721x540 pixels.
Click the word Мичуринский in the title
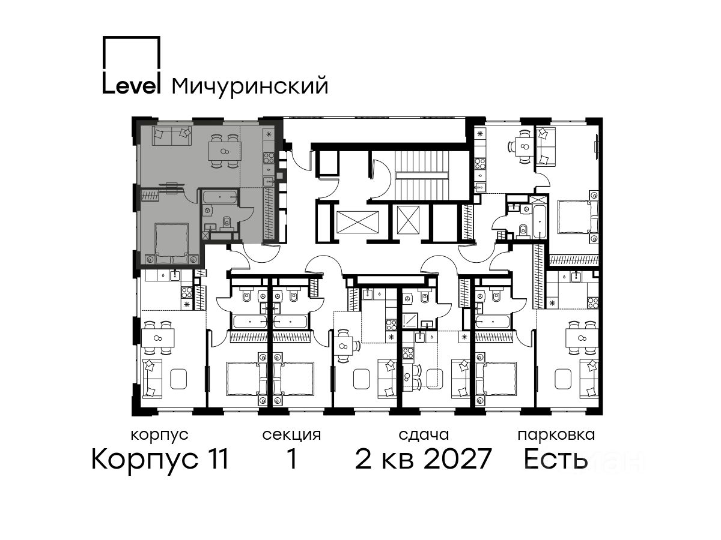click(x=250, y=86)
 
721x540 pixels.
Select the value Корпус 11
click(x=160, y=460)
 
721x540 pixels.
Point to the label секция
click(x=291, y=435)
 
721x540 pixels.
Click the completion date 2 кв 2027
click(x=423, y=459)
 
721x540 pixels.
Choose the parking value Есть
click(x=555, y=459)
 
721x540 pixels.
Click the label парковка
click(x=556, y=435)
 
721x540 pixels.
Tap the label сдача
click(x=424, y=435)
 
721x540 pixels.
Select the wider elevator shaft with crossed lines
click(x=357, y=222)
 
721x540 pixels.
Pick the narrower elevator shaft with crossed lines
click(x=409, y=220)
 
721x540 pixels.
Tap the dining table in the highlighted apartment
click(x=225, y=151)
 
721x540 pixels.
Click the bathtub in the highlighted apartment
click(x=219, y=197)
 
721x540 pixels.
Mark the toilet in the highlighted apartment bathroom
click(x=227, y=222)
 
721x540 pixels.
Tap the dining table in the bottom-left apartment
click(x=157, y=338)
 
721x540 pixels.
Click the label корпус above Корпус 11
click(x=160, y=436)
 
